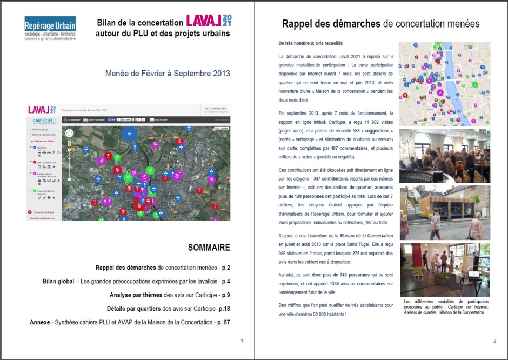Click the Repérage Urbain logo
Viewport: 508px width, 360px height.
50,28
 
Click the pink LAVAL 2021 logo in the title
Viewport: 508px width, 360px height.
209,21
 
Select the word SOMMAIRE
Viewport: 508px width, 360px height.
209,248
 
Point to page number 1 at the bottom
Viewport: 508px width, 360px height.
242,341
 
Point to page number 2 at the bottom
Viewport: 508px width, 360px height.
494,341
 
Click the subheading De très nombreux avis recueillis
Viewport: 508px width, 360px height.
310,43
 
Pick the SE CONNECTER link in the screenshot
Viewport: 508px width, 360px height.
215,108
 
